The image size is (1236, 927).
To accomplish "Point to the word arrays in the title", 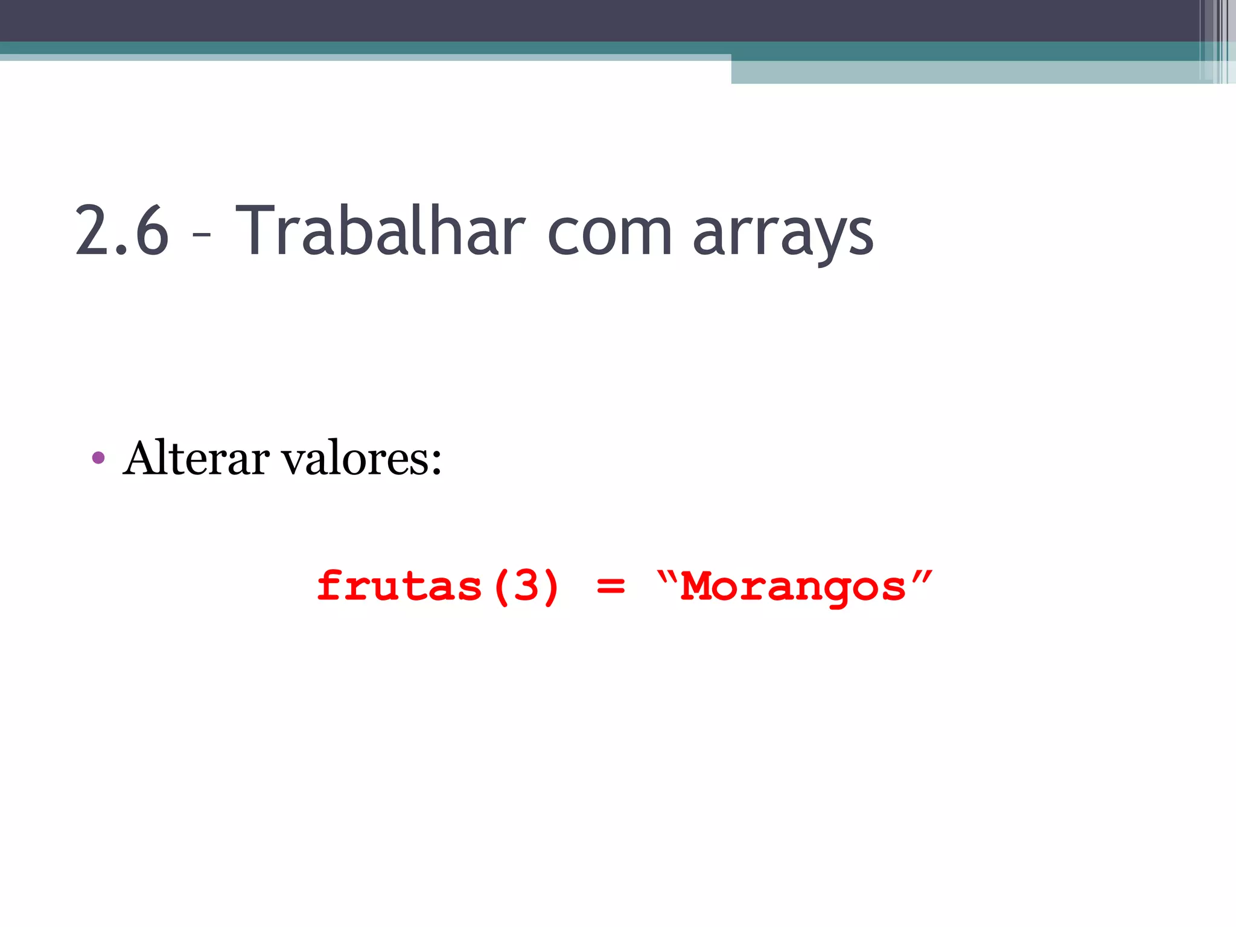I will [x=783, y=235].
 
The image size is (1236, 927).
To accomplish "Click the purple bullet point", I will [x=98, y=458].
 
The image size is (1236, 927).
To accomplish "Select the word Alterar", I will [x=196, y=459].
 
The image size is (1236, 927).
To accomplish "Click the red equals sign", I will [x=610, y=586].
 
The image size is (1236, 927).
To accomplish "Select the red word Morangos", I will [x=793, y=587].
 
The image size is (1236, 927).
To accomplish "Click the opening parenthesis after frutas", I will [x=501, y=587].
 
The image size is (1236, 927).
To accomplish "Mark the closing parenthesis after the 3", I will [x=551, y=587].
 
